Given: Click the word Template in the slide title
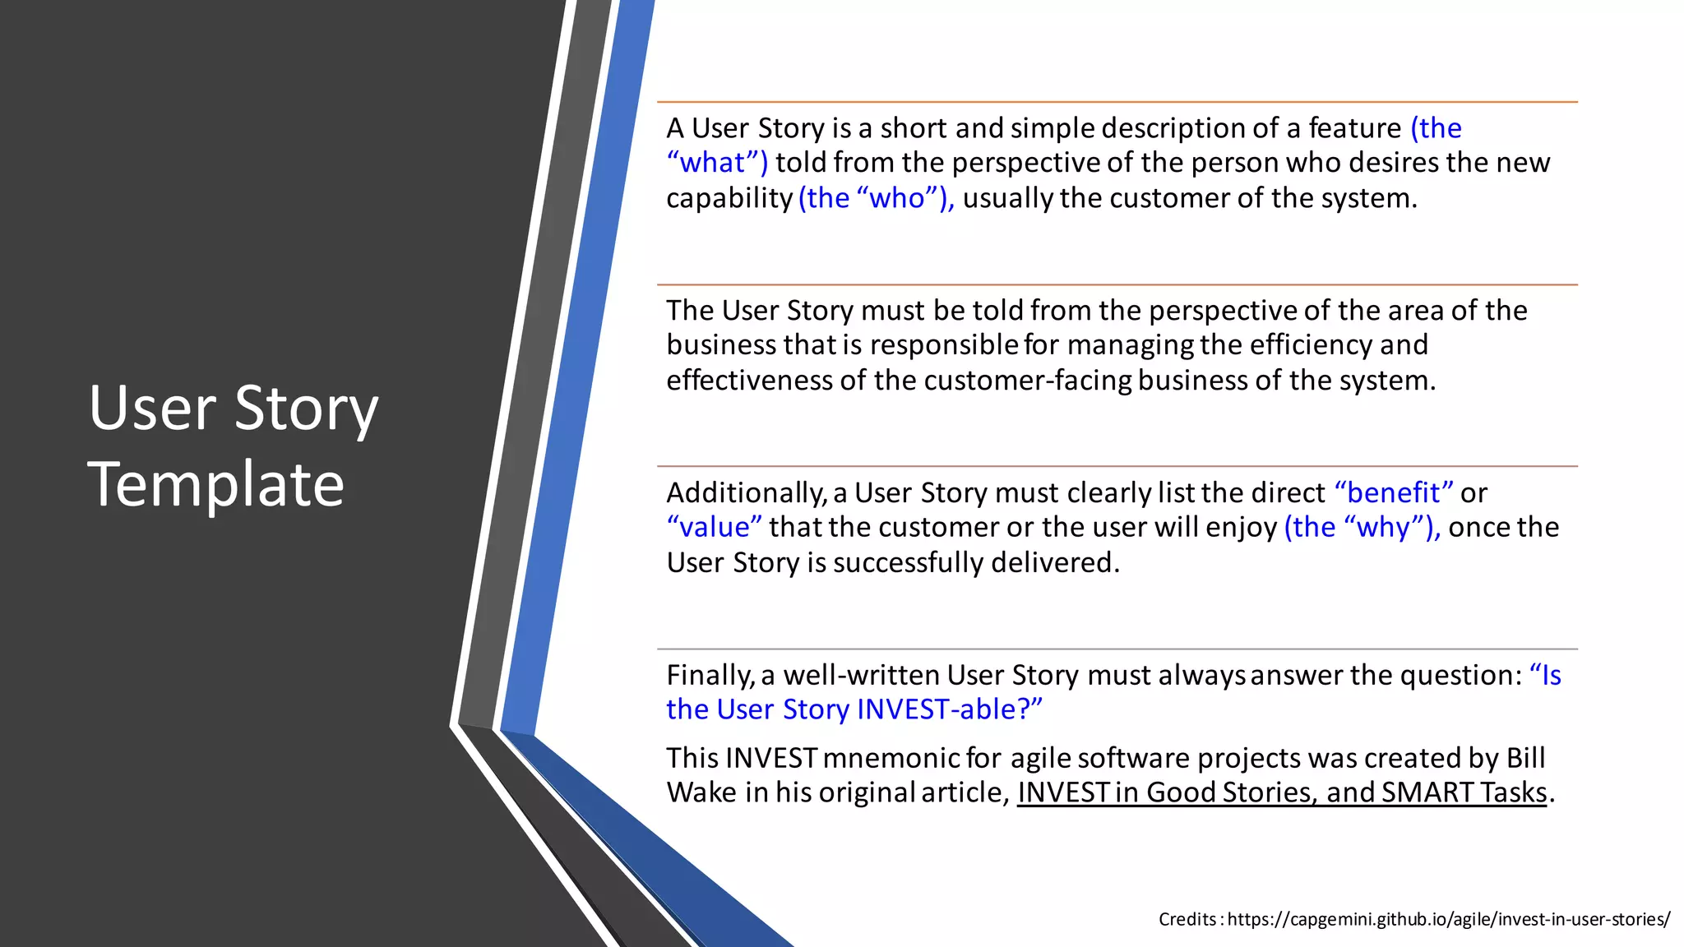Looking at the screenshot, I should point(215,485).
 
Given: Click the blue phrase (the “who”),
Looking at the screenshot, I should point(876,198).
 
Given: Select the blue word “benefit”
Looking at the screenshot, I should point(1394,492).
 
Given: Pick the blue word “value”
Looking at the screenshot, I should point(714,527).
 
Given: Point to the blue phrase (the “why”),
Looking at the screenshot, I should point(1362,527).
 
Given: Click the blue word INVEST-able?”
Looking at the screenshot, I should point(950,709).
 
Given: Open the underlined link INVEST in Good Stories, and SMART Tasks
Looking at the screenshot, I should point(1282,792).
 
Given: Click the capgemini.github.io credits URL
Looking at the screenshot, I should point(1448,919).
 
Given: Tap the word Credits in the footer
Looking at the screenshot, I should point(1187,919).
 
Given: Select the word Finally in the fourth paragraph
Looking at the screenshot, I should point(710,675).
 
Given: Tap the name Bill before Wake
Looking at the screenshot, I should point(1525,758).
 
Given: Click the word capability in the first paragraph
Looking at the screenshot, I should point(729,198).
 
